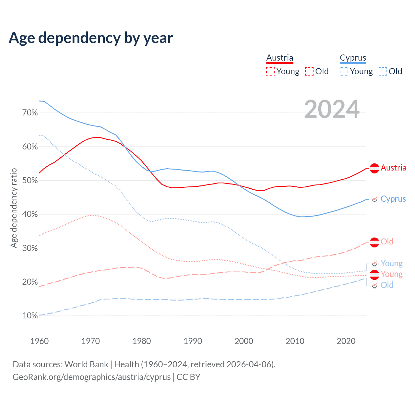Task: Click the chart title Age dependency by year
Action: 91,38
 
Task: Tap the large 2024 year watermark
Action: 332,109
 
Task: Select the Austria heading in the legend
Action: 279,58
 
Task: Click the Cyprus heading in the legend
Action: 353,58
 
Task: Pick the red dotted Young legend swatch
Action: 270,71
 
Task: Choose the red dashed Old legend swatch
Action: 309,71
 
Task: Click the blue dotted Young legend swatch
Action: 344,71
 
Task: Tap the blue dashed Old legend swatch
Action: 383,71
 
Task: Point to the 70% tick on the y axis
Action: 30,113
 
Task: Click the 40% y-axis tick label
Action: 30,214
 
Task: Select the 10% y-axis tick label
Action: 30,316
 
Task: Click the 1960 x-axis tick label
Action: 39,341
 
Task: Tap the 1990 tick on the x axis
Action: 193,341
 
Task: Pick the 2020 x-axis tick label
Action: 346,341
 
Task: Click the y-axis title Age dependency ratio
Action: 14,208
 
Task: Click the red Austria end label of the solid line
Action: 393,168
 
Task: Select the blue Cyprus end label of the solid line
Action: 393,199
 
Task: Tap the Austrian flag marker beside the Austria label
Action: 374,168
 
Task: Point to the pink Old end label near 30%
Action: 387,242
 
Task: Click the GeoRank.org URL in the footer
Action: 91,377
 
